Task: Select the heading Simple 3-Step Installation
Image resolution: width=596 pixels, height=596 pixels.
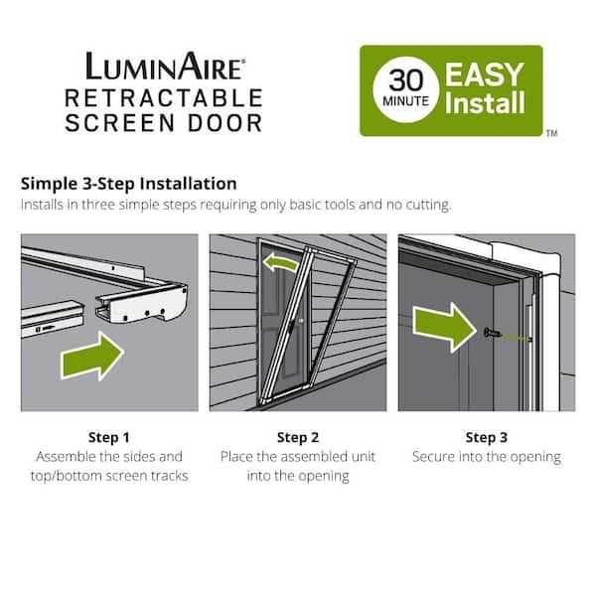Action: tap(128, 184)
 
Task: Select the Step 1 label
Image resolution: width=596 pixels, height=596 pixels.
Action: tap(109, 436)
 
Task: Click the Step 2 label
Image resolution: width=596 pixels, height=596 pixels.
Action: tap(298, 436)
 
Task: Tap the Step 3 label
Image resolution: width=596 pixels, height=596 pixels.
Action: tap(487, 436)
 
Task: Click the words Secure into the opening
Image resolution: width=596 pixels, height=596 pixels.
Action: tap(487, 457)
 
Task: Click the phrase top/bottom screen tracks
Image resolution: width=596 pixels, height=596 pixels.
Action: tap(109, 476)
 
